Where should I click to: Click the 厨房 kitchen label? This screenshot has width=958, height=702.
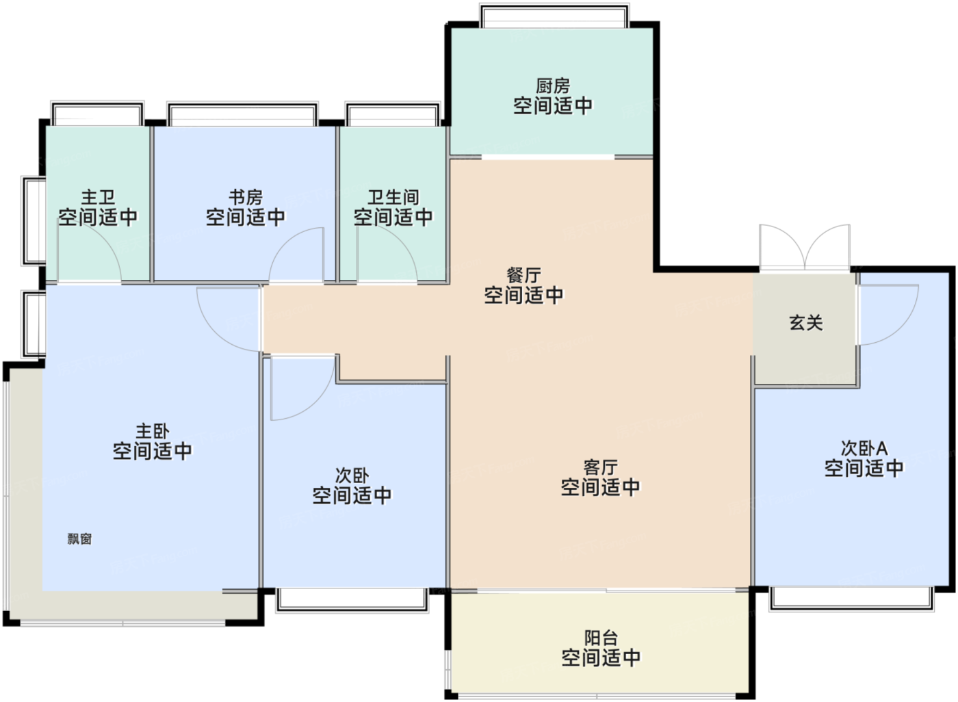(553, 86)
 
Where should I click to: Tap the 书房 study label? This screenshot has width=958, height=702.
(246, 197)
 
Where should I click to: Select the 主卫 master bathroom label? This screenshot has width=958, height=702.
(98, 197)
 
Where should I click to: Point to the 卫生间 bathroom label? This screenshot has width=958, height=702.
(393, 197)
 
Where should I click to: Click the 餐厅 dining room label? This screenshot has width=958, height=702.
(523, 275)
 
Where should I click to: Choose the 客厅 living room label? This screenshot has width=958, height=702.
(601, 467)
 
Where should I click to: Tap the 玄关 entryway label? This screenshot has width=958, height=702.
(806, 322)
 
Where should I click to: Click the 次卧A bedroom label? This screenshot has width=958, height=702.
(864, 448)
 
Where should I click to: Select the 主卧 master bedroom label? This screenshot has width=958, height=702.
(153, 431)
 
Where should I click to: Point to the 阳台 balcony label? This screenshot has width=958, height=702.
(601, 638)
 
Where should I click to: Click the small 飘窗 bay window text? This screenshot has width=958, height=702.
(79, 538)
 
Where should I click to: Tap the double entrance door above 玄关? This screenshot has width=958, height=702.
(805, 247)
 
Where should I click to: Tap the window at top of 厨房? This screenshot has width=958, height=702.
(554, 16)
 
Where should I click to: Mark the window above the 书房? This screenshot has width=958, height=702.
(242, 114)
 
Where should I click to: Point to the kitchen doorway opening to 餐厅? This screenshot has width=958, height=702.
(548, 157)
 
